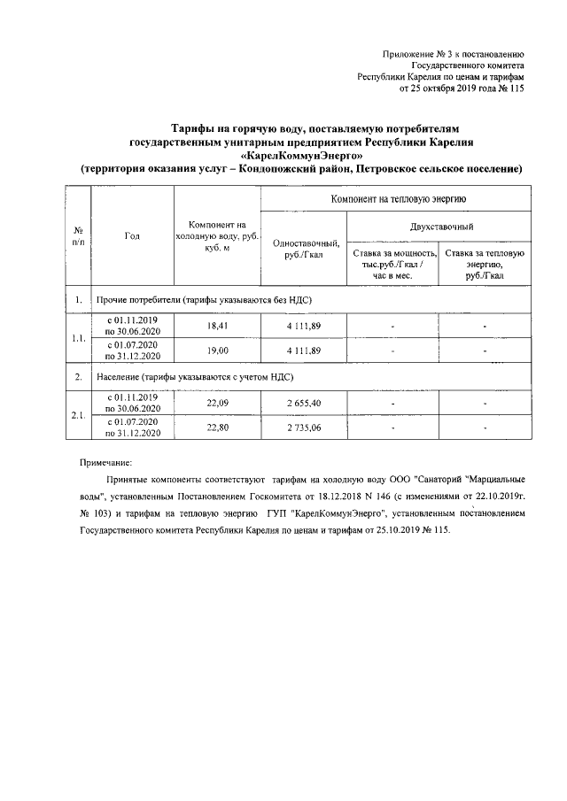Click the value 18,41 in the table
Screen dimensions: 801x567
click(x=218, y=326)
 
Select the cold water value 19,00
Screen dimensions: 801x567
click(x=218, y=350)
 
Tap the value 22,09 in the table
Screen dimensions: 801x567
click(x=218, y=403)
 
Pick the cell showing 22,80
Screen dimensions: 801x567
click(x=218, y=427)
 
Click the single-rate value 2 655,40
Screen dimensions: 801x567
click(x=302, y=403)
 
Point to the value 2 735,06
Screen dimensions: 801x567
click(x=302, y=427)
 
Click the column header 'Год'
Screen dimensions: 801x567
click(x=132, y=235)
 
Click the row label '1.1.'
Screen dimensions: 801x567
click(x=78, y=338)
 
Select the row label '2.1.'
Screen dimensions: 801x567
click(x=78, y=415)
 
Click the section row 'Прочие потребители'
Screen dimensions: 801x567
click(x=203, y=299)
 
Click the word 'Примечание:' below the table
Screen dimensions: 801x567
click(x=105, y=463)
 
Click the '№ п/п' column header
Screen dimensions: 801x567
click(x=78, y=235)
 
